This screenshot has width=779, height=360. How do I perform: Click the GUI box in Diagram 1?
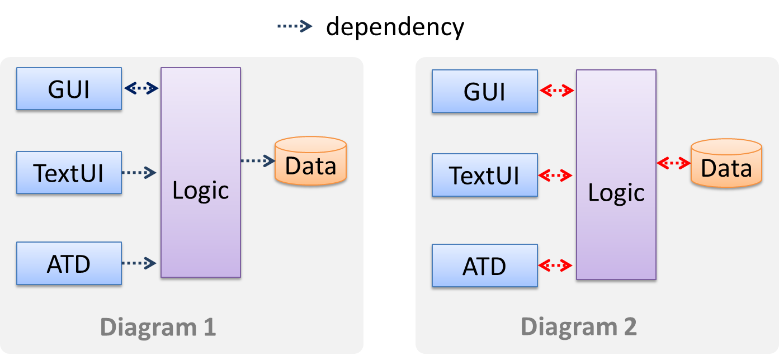pos(69,88)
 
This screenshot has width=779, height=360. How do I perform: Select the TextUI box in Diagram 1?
pos(69,172)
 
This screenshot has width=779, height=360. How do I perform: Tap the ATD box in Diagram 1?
pos(69,263)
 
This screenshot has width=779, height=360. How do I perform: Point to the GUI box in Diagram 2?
pos(484,91)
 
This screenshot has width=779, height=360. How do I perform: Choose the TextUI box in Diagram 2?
pos(484,175)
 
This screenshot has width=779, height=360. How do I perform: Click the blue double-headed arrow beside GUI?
pos(141,88)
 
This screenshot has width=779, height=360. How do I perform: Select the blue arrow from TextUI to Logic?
pos(138,172)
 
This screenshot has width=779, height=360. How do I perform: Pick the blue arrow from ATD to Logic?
pos(138,263)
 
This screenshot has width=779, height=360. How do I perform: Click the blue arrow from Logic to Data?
pos(258,160)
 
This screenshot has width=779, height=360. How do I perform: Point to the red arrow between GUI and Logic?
pos(557,91)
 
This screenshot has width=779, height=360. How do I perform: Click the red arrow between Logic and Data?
pos(674,163)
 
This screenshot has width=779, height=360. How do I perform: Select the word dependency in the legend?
pos(395,26)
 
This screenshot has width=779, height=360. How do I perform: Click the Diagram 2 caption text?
pos(579,327)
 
